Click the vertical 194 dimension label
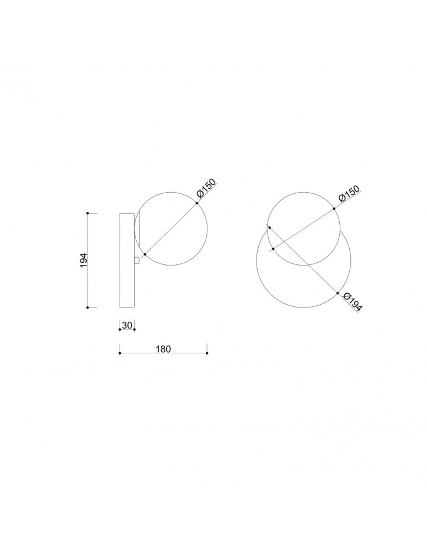83,260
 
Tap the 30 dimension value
127,325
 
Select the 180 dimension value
163,348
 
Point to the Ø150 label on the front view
349,195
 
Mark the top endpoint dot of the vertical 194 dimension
88,213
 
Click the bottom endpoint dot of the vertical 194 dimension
88,307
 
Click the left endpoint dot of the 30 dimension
120,330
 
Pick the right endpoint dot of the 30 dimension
134,330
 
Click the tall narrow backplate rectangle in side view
127,259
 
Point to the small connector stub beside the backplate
136,259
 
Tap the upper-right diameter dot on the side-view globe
196,204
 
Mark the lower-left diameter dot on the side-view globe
145,254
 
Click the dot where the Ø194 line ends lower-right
337,293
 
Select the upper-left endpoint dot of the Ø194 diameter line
269,227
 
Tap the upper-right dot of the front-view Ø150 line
334,209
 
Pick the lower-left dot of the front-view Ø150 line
274,249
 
